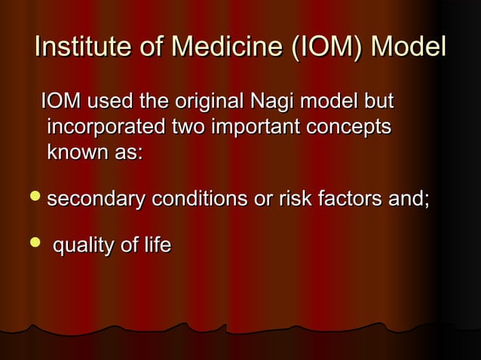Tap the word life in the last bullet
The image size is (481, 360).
coord(156,246)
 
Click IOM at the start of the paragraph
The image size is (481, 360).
coord(62,101)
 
